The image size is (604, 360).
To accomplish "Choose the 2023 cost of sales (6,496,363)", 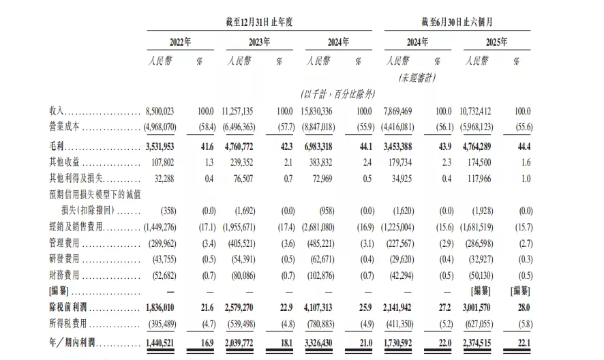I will click(x=239, y=127).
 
